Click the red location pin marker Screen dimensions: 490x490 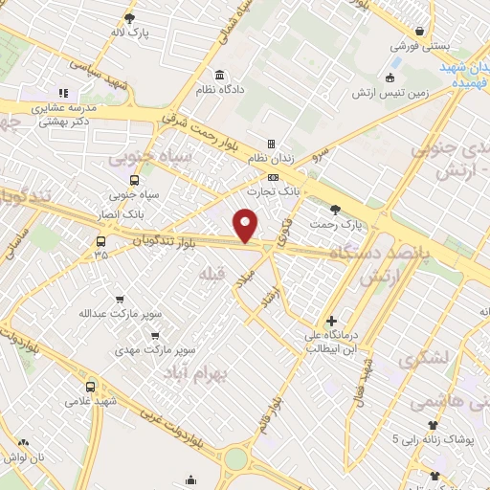pos(246,225)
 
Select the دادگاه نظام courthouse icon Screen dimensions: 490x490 pos(221,76)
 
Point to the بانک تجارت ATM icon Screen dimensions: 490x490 pos(274,178)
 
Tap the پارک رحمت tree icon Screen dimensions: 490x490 pos(335,210)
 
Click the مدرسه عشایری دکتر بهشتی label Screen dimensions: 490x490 pos(66,116)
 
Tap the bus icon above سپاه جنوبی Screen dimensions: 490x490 pos(133,179)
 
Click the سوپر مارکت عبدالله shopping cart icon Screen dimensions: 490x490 pos(119,300)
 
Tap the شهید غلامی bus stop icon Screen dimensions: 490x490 pos(91,387)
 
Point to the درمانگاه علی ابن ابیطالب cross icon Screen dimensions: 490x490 pos(331,321)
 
